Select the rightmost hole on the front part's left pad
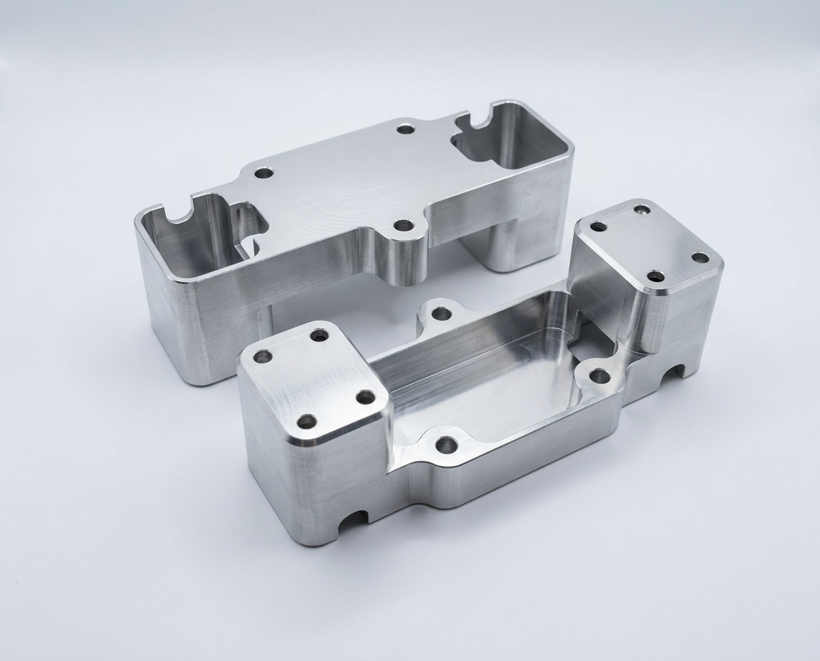365,397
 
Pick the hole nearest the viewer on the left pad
307,422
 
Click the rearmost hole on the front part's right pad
642,209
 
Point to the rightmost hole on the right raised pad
700,257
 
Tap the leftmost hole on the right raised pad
599,227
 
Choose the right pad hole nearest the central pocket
656,276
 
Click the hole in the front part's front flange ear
446,446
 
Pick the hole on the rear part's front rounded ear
405,226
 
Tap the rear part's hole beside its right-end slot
406,130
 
